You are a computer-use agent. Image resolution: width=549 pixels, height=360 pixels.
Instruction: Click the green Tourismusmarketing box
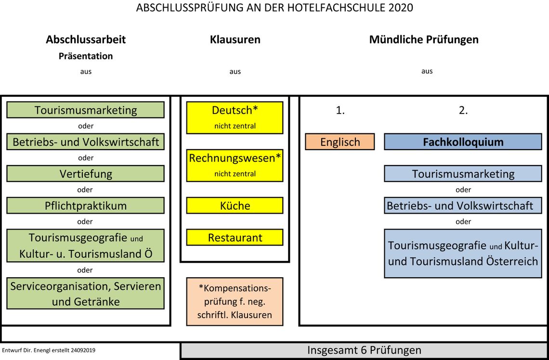click(85, 110)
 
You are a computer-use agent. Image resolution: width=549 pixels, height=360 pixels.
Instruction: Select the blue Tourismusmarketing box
click(463, 174)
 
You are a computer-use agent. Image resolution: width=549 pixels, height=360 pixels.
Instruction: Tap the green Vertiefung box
click(85, 174)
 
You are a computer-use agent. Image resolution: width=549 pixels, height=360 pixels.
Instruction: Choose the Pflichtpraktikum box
click(85, 206)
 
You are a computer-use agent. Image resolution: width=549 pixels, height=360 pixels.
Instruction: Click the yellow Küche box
click(235, 206)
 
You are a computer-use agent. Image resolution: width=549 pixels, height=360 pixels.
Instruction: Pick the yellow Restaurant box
click(235, 237)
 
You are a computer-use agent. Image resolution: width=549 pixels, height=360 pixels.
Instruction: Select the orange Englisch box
click(340, 141)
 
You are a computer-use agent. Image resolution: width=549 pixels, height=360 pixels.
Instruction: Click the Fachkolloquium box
click(463, 141)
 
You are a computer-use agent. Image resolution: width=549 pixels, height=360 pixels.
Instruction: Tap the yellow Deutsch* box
click(235, 117)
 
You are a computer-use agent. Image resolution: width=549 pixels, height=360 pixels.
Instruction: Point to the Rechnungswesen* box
click(235, 166)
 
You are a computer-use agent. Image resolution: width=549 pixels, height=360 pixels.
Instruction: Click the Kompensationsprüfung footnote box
click(235, 302)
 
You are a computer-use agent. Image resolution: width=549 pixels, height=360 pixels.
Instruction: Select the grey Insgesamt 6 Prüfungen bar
click(364, 350)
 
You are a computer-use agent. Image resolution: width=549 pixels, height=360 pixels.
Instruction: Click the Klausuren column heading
click(235, 39)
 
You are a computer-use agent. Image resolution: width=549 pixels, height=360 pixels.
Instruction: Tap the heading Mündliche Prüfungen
click(424, 39)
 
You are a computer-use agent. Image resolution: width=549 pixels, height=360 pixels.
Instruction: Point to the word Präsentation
click(86, 56)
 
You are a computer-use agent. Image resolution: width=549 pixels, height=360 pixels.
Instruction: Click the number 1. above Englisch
click(340, 110)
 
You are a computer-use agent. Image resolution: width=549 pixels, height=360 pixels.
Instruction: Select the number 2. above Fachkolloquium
click(463, 110)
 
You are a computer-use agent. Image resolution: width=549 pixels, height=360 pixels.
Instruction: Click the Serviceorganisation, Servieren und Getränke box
click(85, 294)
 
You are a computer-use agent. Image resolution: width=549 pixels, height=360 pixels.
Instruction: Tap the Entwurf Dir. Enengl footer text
click(48, 350)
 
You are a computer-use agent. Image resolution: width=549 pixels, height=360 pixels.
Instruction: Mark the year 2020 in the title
click(401, 7)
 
